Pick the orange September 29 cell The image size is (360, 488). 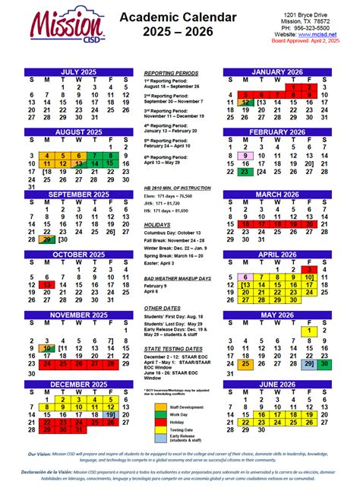click(x=48, y=239)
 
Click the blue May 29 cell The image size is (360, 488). click(x=308, y=363)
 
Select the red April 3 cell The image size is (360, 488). click(x=308, y=269)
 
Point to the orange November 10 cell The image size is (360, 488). click(x=48, y=348)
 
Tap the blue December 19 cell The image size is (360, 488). click(x=111, y=414)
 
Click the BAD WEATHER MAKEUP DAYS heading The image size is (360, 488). click(x=176, y=279)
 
